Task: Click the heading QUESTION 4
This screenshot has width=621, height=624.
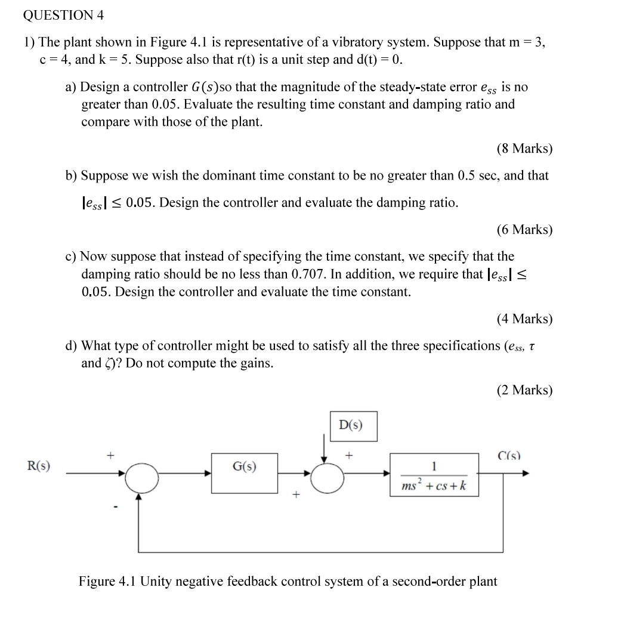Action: pyautogui.click(x=63, y=16)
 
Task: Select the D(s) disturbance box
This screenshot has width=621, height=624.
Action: pyautogui.click(x=353, y=426)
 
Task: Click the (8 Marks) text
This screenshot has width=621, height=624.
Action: pyautogui.click(x=524, y=149)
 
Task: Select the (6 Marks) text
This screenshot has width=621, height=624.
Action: pyautogui.click(x=524, y=230)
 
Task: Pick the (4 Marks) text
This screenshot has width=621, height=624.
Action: pyautogui.click(x=524, y=319)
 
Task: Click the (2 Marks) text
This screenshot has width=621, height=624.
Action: pyautogui.click(x=524, y=390)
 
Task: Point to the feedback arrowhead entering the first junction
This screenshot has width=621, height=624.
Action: pyautogui.click(x=141, y=498)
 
